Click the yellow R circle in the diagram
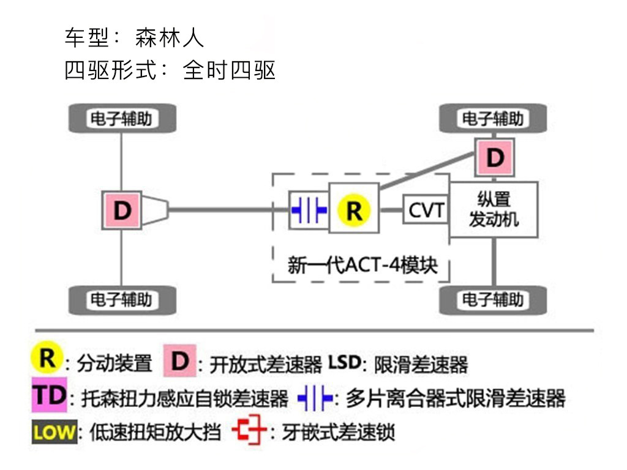tap(354, 209)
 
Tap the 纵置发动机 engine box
tap(494, 209)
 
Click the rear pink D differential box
tap(122, 211)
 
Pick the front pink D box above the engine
tap(495, 158)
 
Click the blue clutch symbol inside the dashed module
tap(309, 210)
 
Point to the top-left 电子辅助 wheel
tap(122, 118)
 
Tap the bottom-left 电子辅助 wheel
tap(122, 300)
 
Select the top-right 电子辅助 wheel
tap(494, 118)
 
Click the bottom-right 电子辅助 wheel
tap(494, 300)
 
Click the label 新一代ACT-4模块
tap(363, 266)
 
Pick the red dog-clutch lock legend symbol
tap(250, 431)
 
